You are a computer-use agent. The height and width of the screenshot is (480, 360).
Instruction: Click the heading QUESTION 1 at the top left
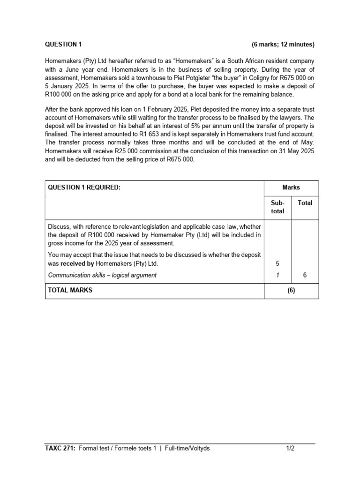click(x=63, y=45)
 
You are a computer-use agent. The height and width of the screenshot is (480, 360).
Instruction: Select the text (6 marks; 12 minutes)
click(x=283, y=45)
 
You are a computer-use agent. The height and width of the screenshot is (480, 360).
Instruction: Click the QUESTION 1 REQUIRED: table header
click(x=84, y=187)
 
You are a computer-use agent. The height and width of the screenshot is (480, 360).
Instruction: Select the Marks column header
click(x=291, y=187)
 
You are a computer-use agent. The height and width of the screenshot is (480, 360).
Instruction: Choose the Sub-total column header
click(x=277, y=207)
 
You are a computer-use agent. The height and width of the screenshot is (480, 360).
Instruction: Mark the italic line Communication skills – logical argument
click(x=102, y=275)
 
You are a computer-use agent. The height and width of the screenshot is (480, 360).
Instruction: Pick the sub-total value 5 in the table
click(x=277, y=263)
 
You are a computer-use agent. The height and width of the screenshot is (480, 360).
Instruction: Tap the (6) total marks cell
click(x=291, y=291)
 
